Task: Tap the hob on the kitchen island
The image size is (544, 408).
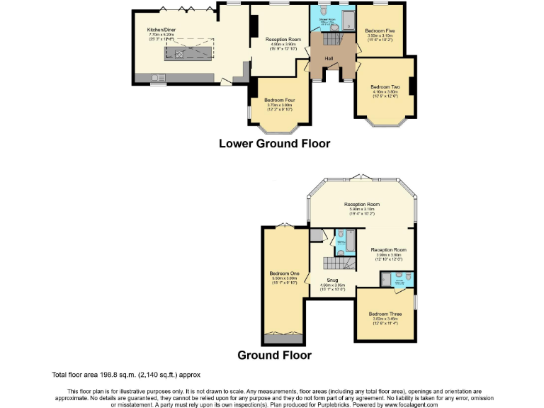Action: tap(179, 52)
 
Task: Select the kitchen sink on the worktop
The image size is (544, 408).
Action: tap(157, 76)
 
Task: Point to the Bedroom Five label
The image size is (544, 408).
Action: tap(380, 31)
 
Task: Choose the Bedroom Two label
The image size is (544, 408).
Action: tap(385, 86)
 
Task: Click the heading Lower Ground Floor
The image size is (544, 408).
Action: tap(274, 143)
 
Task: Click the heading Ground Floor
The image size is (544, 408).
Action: tap(274, 355)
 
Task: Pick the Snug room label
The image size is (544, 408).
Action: tap(331, 280)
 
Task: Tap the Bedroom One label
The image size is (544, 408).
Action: tap(284, 273)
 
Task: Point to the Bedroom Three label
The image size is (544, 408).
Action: tap(385, 314)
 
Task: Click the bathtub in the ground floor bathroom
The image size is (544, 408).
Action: tap(340, 242)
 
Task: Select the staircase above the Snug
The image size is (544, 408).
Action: tap(339, 264)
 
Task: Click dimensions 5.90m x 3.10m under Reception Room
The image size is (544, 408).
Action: tap(362, 210)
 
